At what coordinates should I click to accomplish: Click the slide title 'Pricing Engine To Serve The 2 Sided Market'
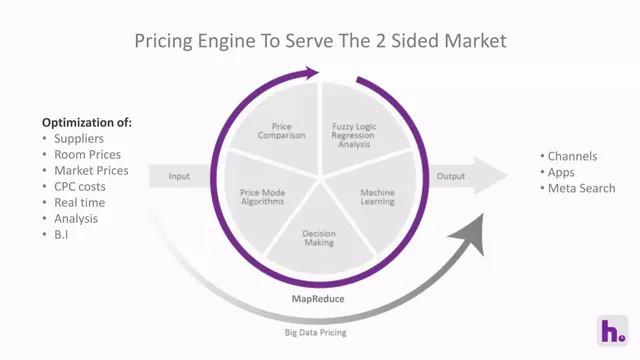(320, 41)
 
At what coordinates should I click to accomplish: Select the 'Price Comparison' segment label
(281, 131)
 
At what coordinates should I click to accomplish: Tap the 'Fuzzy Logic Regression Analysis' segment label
(354, 135)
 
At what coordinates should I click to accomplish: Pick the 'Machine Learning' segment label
(377, 197)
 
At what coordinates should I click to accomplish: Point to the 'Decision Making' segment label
(319, 238)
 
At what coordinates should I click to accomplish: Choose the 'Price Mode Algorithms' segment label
(262, 197)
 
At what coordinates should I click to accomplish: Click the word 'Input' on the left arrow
(179, 176)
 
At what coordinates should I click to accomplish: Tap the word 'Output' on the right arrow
(451, 176)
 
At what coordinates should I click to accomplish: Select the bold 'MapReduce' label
(318, 299)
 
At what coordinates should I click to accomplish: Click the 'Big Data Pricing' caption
(316, 333)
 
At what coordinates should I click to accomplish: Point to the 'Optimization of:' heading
(87, 122)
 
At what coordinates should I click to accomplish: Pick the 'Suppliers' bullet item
(79, 139)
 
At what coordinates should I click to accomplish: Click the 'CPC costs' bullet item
(80, 187)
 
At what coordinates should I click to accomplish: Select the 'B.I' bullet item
(61, 235)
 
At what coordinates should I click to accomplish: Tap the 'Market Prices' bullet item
(91, 171)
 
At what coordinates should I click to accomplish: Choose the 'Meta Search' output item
(581, 188)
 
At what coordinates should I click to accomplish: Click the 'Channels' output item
(572, 156)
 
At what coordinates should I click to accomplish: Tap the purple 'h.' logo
(612, 331)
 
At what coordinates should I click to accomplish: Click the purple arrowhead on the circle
(310, 73)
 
